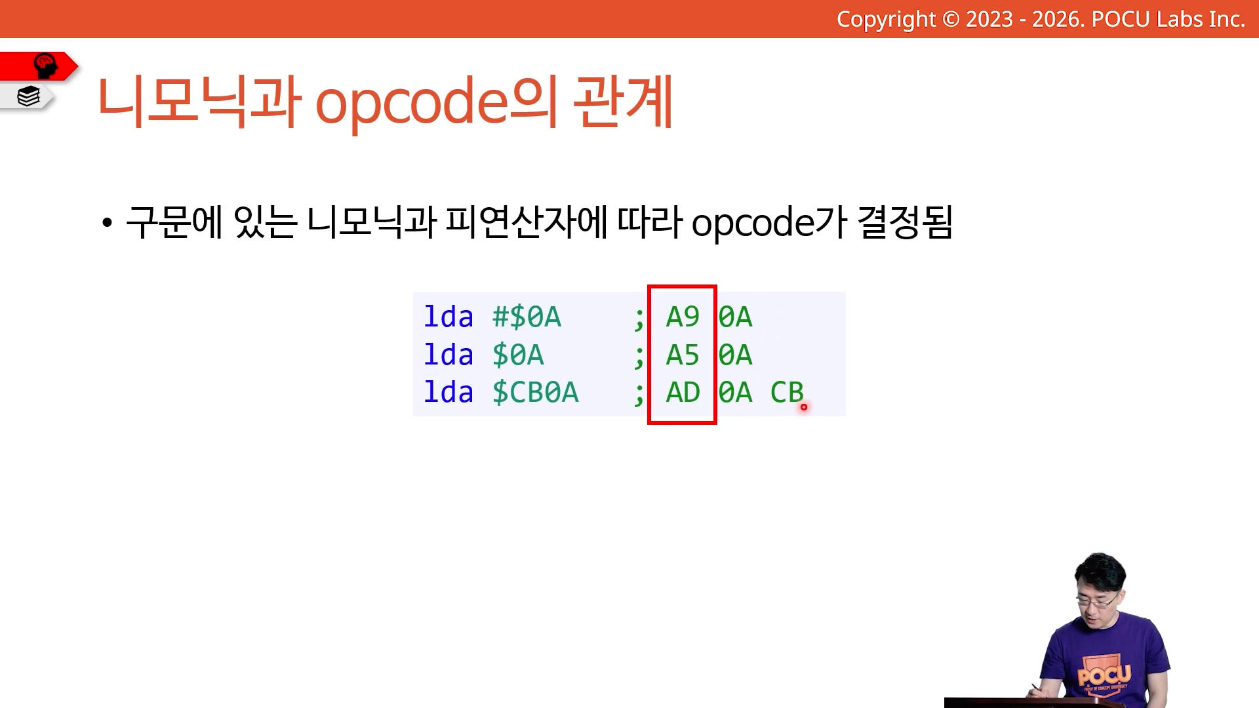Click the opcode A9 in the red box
(x=683, y=317)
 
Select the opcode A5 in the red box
(x=683, y=355)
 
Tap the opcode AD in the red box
(x=683, y=393)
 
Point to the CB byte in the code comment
(x=787, y=393)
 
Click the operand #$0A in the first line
(x=527, y=317)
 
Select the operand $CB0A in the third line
(x=535, y=393)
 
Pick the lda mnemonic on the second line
(x=449, y=355)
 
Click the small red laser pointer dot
(x=804, y=407)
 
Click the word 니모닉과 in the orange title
(x=199, y=101)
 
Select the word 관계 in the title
(x=624, y=101)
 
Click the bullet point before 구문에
(x=107, y=223)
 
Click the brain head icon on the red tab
(x=45, y=66)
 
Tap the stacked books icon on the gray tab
(x=29, y=96)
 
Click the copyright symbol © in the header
(x=951, y=19)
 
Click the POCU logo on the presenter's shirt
(x=1105, y=675)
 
